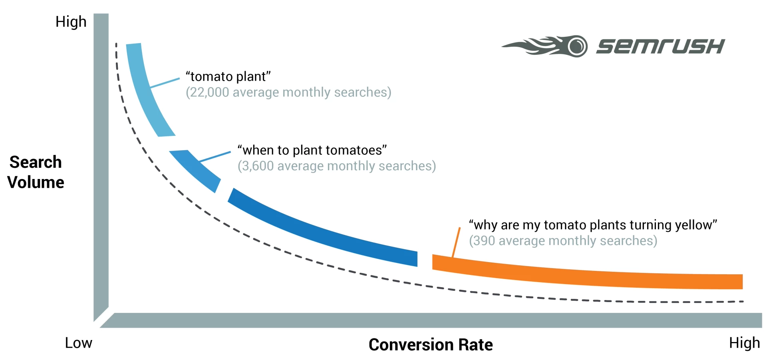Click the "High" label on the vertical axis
[71, 22]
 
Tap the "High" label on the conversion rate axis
[744, 343]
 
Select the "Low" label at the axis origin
[78, 343]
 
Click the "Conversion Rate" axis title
[430, 344]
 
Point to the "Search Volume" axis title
[36, 172]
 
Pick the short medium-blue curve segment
[196, 170]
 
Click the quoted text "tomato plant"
[228, 76]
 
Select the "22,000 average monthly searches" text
[288, 92]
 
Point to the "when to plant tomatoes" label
[312, 150]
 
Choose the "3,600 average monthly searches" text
[336, 166]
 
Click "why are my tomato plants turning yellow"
[592, 225]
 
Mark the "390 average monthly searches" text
[562, 241]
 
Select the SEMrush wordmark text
[660, 46]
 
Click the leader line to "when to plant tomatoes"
[215, 157]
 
